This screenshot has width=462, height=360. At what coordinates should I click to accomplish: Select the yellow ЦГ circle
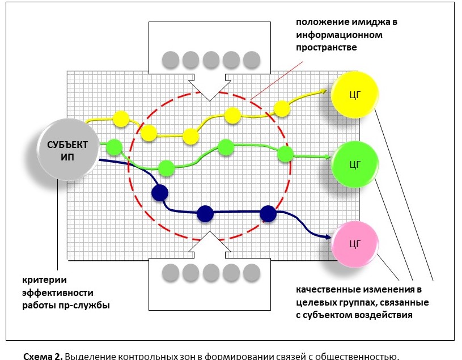355,94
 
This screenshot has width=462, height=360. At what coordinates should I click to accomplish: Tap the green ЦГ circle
355,164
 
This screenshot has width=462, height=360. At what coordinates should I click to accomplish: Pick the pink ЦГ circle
355,244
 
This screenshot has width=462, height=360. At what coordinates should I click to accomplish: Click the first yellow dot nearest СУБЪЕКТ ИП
121,119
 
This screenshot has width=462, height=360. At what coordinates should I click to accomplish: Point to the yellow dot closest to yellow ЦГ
282,108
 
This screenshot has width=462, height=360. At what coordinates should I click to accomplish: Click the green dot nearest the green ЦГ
285,154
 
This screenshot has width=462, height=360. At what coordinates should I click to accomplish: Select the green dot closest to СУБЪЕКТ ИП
114,146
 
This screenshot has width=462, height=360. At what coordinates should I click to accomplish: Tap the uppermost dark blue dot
160,192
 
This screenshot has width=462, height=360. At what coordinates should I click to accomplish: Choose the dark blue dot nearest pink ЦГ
268,214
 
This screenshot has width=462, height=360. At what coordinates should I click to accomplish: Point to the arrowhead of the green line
329,157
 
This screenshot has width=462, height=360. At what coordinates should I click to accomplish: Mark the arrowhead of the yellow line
324,90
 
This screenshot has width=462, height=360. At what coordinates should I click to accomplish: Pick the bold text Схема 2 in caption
43,355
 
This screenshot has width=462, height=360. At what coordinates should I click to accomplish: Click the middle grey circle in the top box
211,59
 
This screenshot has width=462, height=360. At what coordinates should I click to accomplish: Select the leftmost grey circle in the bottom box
170,273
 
